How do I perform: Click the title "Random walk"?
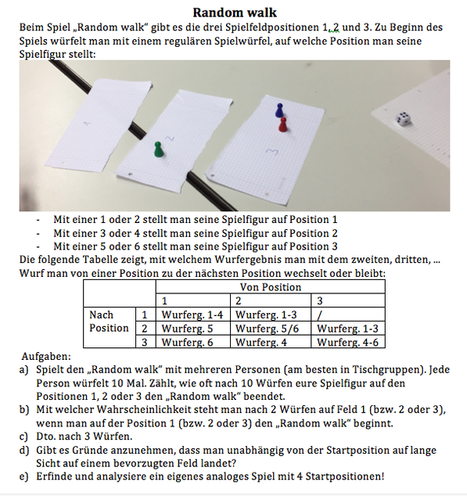(x=235, y=13)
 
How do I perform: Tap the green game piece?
(x=158, y=149)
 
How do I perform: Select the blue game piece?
(x=279, y=110)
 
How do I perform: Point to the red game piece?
(x=283, y=124)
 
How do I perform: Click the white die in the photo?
(x=404, y=119)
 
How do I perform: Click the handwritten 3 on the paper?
(x=271, y=152)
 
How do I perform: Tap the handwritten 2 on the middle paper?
(x=170, y=138)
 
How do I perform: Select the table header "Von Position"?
(x=271, y=287)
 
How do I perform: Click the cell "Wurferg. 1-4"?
(x=192, y=314)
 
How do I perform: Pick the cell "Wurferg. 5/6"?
(x=267, y=329)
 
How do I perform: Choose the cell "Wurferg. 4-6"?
(x=347, y=342)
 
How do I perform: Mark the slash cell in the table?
(x=320, y=315)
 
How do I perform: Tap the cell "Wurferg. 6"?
(x=187, y=342)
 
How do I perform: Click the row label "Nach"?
(x=101, y=314)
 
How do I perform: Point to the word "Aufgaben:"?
(x=46, y=356)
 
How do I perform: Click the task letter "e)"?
(x=23, y=476)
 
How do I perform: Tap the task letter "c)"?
(x=23, y=437)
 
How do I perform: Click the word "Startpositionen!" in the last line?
(x=345, y=476)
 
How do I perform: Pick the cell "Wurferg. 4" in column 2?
(x=261, y=342)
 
